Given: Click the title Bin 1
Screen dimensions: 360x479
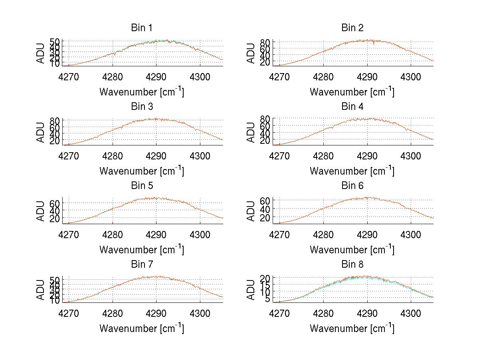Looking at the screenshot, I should pyautogui.click(x=141, y=28).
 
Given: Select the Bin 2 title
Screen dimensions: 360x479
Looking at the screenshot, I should pyautogui.click(x=352, y=28).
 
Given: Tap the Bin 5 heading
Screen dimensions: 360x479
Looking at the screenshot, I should pyautogui.click(x=141, y=186).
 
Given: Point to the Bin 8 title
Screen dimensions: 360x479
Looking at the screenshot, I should pyautogui.click(x=352, y=265).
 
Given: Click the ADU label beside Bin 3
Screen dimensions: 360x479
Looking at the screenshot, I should pyautogui.click(x=41, y=132).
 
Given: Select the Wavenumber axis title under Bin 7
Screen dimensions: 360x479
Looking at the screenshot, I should pyautogui.click(x=141, y=328).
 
